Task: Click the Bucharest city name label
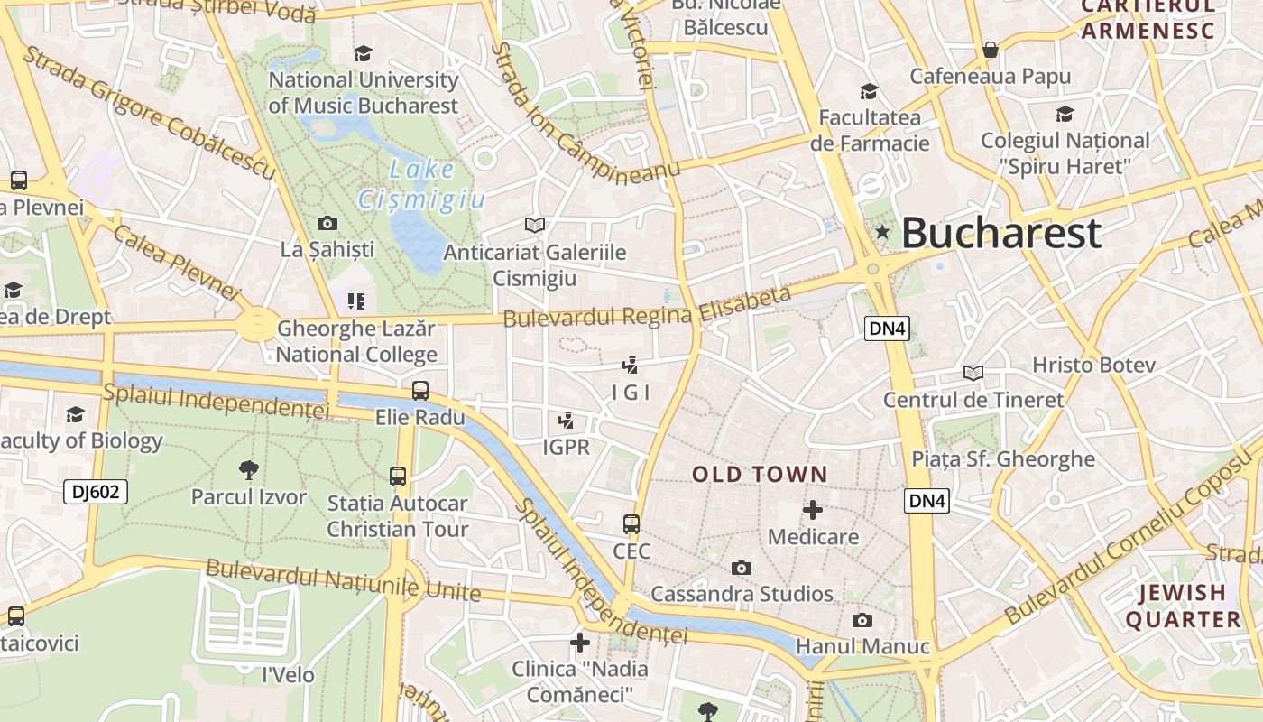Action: point(1000,233)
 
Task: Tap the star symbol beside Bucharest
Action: point(882,233)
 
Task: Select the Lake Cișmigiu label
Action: point(421,184)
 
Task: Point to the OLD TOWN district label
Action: point(760,474)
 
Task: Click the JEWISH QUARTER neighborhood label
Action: point(1183,606)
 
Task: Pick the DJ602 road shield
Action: point(96,492)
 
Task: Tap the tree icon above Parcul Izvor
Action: point(249,469)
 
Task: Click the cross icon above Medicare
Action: point(813,510)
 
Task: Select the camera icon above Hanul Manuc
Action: point(862,620)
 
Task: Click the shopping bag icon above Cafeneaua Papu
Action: point(991,50)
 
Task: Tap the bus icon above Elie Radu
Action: point(420,391)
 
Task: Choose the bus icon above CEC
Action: point(631,524)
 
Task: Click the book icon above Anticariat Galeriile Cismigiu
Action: point(535,225)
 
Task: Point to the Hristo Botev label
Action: point(1093,365)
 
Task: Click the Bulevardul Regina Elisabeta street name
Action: point(647,307)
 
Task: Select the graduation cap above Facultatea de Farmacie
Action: point(870,91)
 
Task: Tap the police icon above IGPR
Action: point(567,420)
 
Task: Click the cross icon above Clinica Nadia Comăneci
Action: point(580,643)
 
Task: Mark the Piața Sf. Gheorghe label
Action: point(1003,458)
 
